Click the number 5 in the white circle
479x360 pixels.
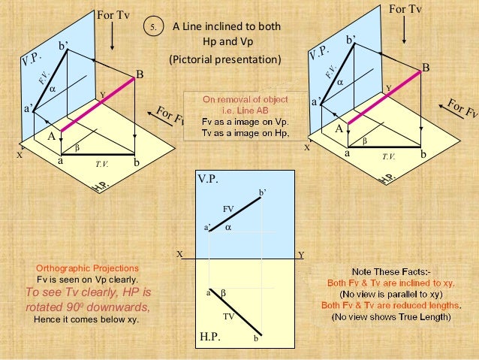(154, 29)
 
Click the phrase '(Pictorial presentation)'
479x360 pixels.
(224, 59)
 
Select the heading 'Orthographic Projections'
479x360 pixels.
(87, 268)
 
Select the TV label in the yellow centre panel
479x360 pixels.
(229, 316)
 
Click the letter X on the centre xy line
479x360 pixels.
(179, 254)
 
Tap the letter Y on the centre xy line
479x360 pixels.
(301, 255)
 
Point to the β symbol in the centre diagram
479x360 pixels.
(223, 291)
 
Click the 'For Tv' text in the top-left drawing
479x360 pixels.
(111, 14)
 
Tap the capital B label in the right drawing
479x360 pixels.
(426, 68)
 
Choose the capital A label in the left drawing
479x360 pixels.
(52, 137)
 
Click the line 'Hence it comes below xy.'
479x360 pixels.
(87, 319)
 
